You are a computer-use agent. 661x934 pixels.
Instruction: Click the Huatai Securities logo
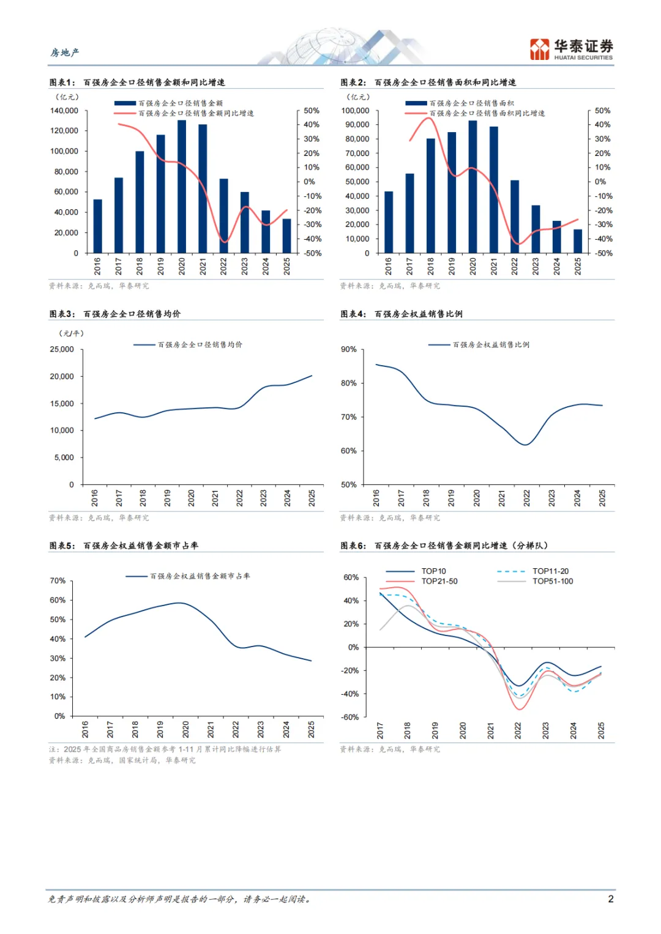pyautogui.click(x=571, y=50)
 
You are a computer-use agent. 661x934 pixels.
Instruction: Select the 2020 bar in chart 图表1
pyautogui.click(x=182, y=187)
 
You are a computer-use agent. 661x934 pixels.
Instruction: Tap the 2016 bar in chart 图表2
pyautogui.click(x=389, y=222)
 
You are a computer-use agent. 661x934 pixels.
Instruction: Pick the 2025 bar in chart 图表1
pyautogui.click(x=286, y=236)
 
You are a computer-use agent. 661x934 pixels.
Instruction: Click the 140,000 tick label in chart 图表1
pyautogui.click(x=64, y=111)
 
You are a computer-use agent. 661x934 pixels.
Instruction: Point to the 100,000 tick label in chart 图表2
pyautogui.click(x=356, y=111)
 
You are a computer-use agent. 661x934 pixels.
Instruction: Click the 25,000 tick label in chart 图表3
pyautogui.click(x=62, y=349)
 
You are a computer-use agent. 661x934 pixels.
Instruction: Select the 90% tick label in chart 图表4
pyautogui.click(x=349, y=349)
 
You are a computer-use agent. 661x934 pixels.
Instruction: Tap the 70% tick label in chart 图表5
pyautogui.click(x=58, y=580)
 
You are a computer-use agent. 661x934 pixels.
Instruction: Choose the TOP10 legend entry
pyautogui.click(x=433, y=571)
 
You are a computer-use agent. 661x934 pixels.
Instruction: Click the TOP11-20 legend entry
pyautogui.click(x=550, y=571)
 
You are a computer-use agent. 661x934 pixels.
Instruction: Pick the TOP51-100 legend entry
pyautogui.click(x=553, y=581)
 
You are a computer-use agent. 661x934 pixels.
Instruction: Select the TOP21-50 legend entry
pyautogui.click(x=439, y=581)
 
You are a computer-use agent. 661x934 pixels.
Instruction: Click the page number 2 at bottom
pyautogui.click(x=610, y=899)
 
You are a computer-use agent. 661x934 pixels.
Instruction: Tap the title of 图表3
pyautogui.click(x=115, y=314)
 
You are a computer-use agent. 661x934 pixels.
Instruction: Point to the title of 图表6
pyautogui.click(x=444, y=546)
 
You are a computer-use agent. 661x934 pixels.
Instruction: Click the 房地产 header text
pyautogui.click(x=65, y=53)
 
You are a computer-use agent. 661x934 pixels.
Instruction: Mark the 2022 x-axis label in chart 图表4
pyautogui.click(x=526, y=498)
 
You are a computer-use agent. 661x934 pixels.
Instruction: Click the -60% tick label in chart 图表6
pyautogui.click(x=350, y=717)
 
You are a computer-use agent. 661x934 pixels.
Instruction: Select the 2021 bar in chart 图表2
pyautogui.click(x=494, y=190)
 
